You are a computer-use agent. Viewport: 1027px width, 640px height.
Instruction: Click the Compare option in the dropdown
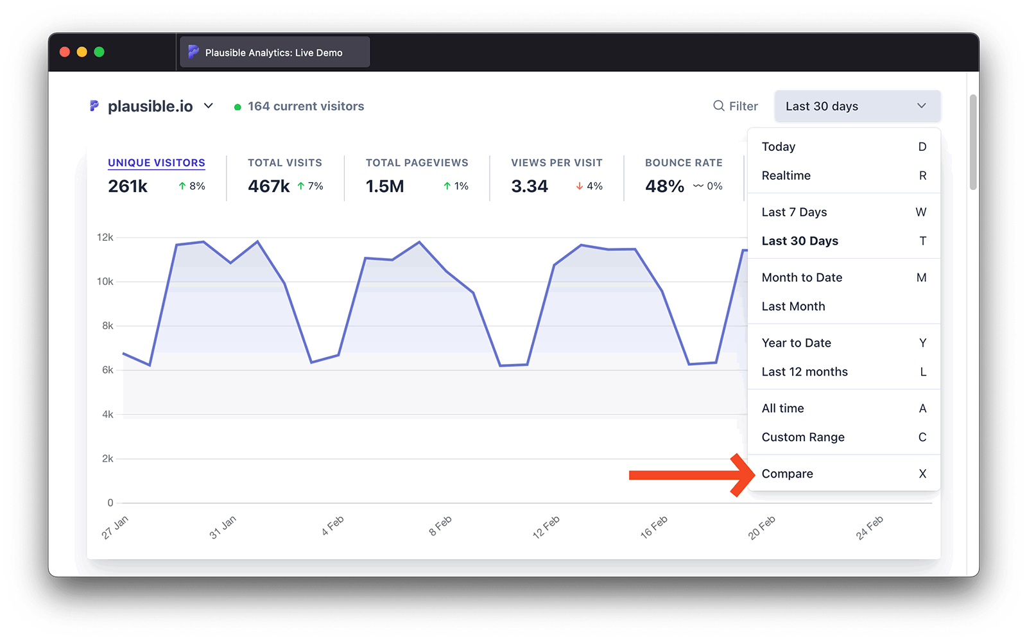tap(787, 474)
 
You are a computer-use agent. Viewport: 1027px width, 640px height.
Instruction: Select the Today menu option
tap(778, 147)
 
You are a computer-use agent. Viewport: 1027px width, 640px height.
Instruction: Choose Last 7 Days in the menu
tap(794, 212)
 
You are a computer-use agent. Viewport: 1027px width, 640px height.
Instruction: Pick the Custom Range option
tap(803, 437)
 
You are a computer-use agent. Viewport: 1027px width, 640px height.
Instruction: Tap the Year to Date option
tap(796, 343)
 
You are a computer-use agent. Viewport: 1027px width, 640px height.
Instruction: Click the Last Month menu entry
tap(793, 306)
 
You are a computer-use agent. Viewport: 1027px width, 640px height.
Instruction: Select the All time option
tap(782, 408)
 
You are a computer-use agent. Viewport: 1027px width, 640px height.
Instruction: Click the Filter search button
tap(736, 106)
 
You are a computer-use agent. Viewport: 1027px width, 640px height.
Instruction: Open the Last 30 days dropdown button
tap(857, 106)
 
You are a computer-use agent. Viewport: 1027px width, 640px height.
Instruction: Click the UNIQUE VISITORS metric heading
tap(156, 163)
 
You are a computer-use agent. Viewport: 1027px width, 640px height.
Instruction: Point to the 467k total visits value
tap(269, 186)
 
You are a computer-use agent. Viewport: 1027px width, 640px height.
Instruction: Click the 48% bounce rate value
tap(664, 186)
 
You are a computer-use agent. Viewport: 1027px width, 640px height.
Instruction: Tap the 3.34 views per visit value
tap(530, 186)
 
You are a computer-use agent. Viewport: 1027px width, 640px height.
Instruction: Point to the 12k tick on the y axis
tap(105, 238)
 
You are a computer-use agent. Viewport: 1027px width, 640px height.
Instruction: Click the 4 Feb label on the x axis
tap(333, 526)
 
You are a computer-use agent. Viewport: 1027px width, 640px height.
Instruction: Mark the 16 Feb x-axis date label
tap(654, 526)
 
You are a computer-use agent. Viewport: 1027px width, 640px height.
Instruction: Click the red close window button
tap(65, 52)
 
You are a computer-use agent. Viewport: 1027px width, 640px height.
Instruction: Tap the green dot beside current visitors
tap(237, 107)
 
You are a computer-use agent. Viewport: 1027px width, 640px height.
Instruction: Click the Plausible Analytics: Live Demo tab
tap(273, 53)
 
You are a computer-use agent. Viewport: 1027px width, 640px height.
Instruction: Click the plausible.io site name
tap(150, 107)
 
